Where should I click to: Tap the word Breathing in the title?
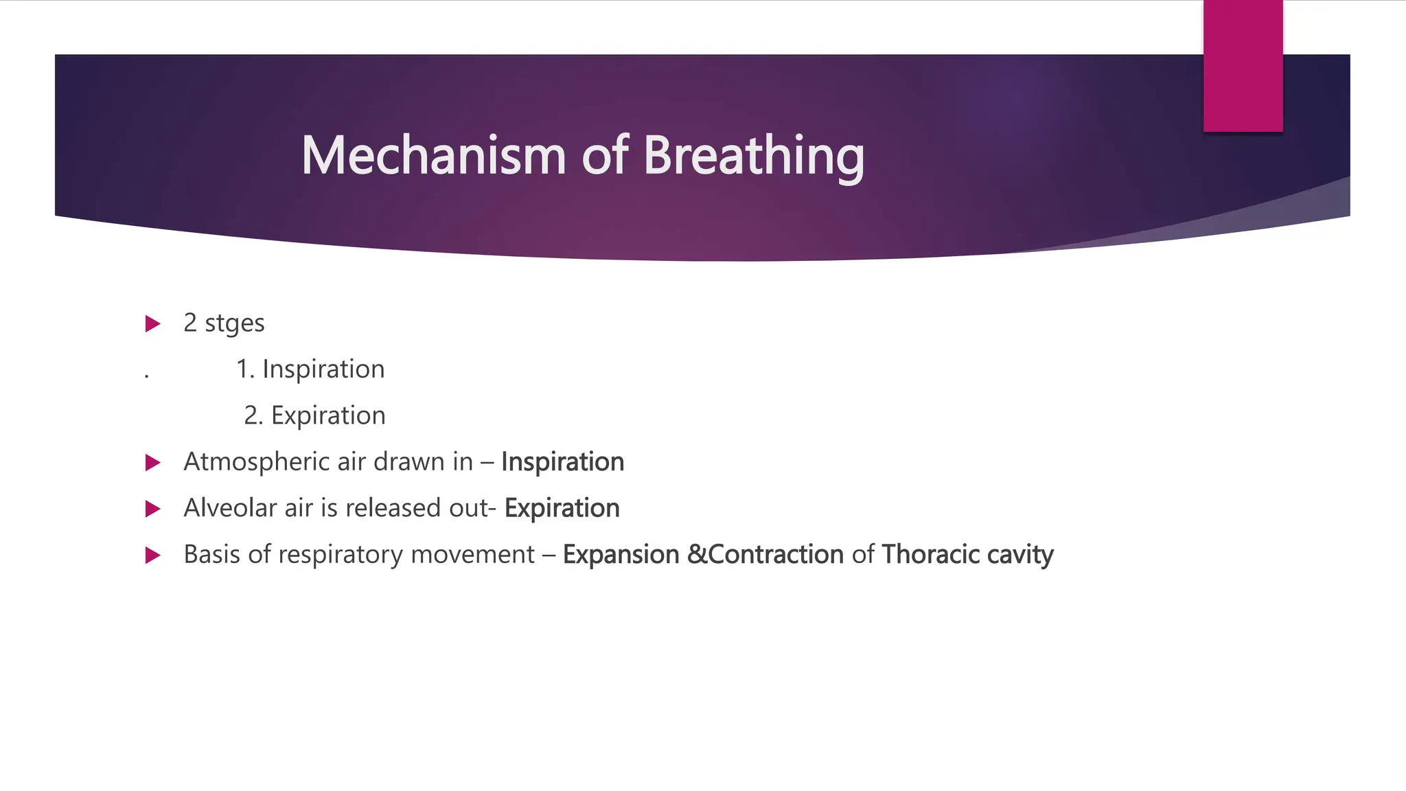(x=753, y=157)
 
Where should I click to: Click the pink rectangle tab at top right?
(x=1243, y=66)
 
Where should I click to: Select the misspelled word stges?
(x=234, y=323)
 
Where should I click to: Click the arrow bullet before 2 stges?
(x=153, y=323)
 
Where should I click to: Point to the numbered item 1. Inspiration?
(x=310, y=369)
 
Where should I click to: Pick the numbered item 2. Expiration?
(x=314, y=415)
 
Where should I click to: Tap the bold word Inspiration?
(x=562, y=462)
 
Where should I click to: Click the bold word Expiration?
(x=562, y=508)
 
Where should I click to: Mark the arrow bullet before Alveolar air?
(x=153, y=509)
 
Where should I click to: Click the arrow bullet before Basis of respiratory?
(x=153, y=555)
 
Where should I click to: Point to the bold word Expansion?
(x=621, y=555)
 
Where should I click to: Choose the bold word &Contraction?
(x=765, y=555)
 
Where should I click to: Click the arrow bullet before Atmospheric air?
(x=153, y=462)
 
